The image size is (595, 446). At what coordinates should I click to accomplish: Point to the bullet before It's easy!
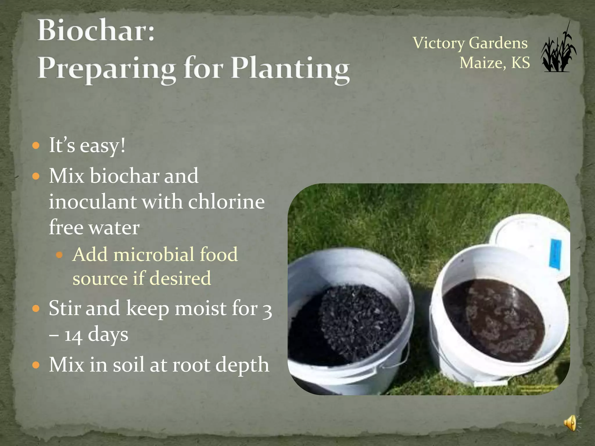(36, 145)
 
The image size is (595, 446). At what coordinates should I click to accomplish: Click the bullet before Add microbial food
(59, 255)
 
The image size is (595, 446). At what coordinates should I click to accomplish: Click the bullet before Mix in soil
(36, 365)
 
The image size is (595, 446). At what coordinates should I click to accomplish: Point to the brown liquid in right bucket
(494, 319)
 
